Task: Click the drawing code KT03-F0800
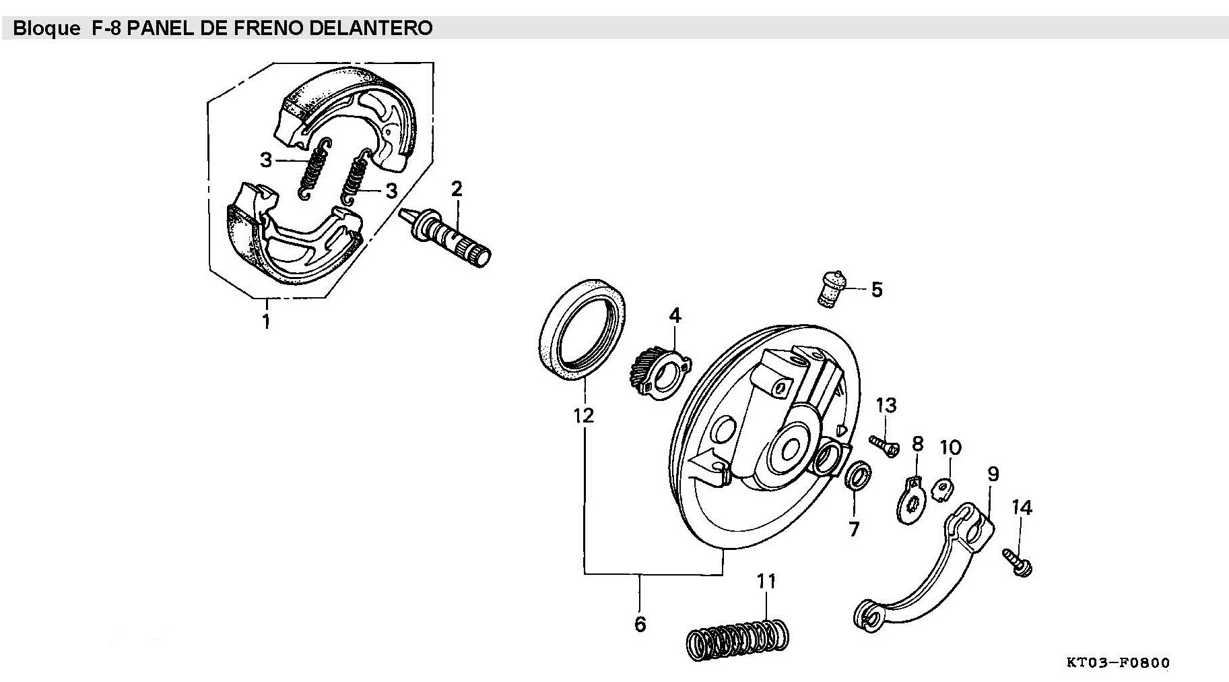click(x=1118, y=663)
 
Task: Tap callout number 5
click(x=876, y=290)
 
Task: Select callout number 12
click(x=583, y=415)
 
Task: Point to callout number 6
click(x=640, y=624)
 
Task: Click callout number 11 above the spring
click(x=766, y=581)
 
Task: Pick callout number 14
click(x=1022, y=507)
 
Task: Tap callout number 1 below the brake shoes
click(x=266, y=321)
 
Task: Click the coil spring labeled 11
click(x=737, y=638)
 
